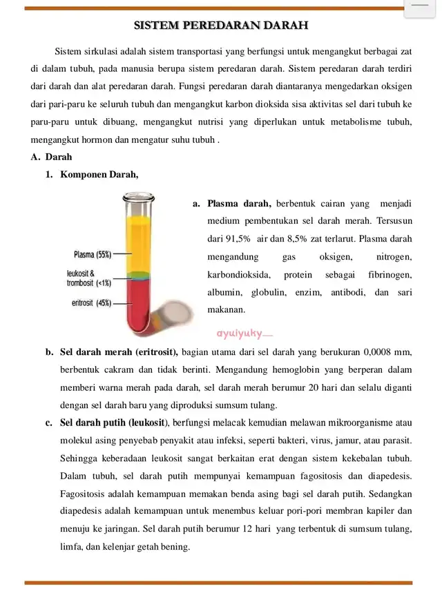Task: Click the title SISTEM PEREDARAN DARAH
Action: pos(221,26)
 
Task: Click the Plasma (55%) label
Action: pos(93,254)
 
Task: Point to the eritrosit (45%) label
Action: pos(91,302)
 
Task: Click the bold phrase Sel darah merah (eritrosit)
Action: pos(119,351)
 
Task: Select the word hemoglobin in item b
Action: pos(237,369)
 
